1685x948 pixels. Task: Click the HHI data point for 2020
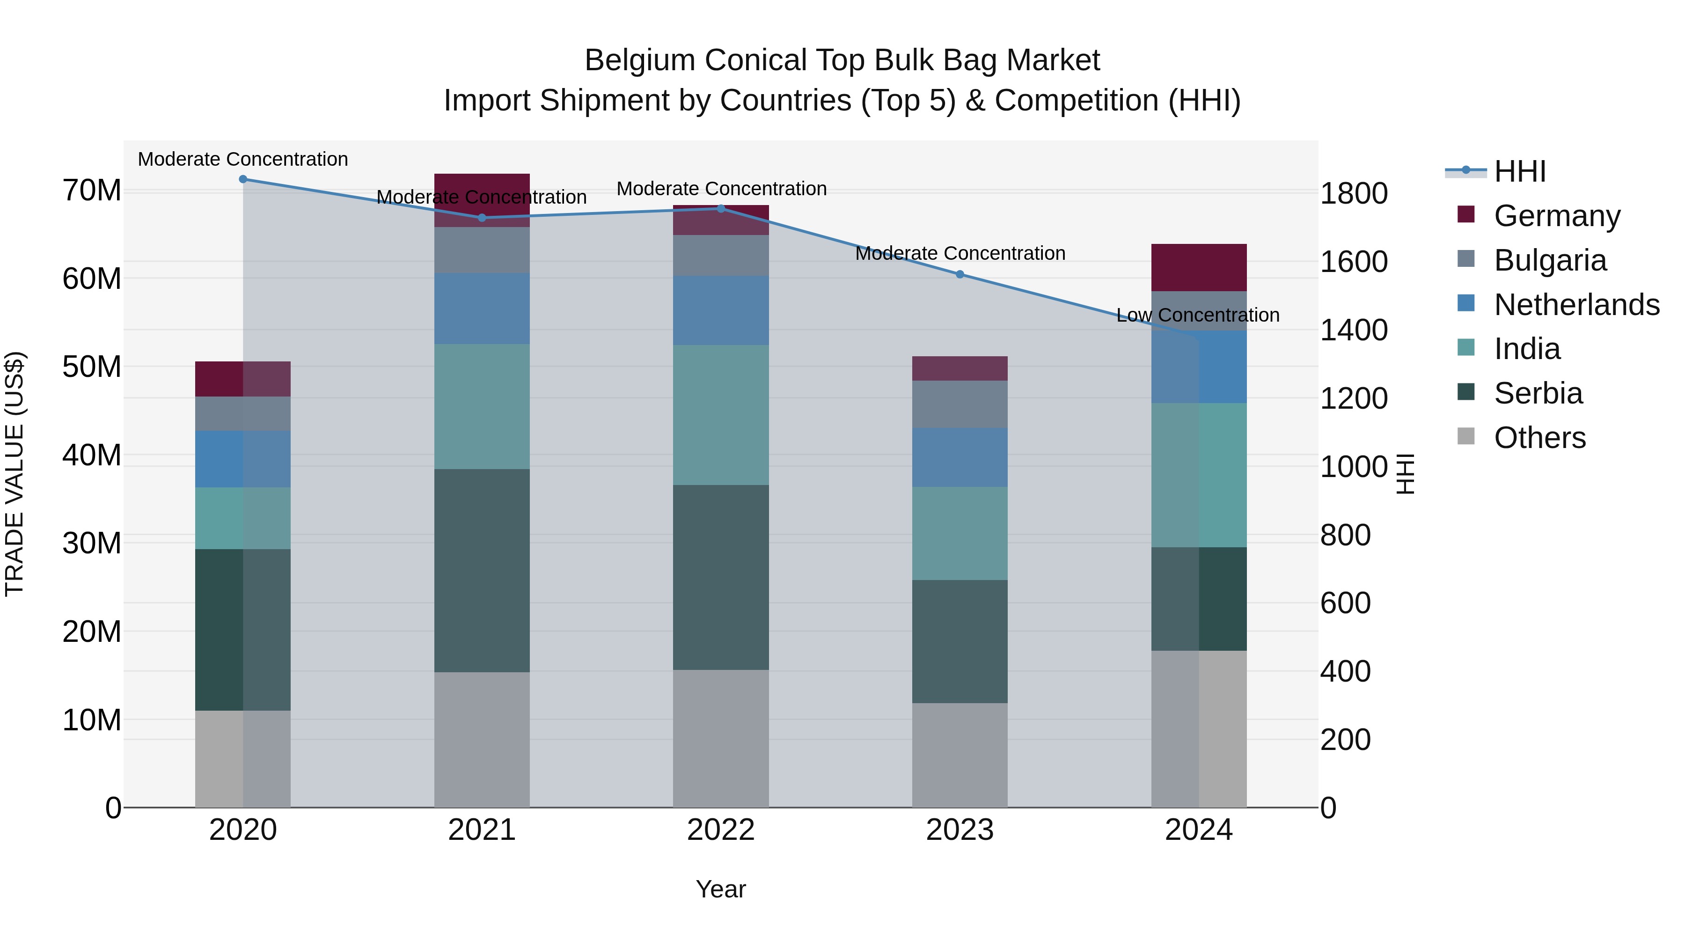point(242,179)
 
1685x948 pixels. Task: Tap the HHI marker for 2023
point(960,275)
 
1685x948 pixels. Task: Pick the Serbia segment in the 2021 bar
point(482,571)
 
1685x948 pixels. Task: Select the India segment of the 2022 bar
point(721,415)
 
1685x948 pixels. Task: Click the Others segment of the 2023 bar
point(960,755)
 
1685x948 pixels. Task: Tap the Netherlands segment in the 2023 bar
point(960,457)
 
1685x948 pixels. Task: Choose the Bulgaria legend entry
point(1550,260)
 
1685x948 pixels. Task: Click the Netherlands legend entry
point(1576,305)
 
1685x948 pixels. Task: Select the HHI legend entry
point(1519,171)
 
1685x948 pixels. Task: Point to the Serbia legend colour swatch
point(1466,393)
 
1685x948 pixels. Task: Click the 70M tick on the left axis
point(92,191)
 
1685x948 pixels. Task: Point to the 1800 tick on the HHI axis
point(1353,194)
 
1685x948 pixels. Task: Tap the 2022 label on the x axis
point(721,830)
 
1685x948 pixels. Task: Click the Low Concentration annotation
point(1198,316)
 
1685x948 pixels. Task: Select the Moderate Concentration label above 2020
point(242,160)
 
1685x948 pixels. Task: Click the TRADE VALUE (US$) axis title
point(15,474)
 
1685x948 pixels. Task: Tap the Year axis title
point(721,889)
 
